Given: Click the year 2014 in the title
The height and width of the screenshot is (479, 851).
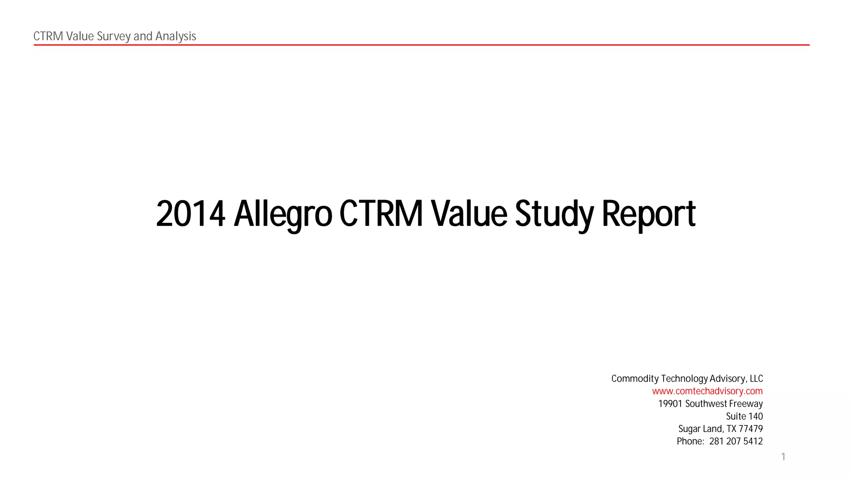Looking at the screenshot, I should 190,214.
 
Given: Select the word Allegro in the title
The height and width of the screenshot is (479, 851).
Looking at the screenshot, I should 283,214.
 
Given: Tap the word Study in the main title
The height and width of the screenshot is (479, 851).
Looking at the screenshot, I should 554,214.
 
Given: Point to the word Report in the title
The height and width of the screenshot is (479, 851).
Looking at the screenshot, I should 649,214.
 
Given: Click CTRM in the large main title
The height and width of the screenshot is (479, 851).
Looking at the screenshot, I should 381,214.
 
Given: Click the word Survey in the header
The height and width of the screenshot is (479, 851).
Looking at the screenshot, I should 113,36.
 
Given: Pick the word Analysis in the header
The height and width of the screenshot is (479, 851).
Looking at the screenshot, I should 176,36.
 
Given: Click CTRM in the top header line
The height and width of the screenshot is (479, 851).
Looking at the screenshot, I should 48,36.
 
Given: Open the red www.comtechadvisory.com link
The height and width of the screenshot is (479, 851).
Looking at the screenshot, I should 707,391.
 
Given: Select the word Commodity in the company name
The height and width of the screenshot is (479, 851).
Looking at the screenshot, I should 635,379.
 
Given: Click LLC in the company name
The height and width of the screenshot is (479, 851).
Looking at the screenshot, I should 756,379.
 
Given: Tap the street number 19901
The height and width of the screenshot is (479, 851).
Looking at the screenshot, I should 670,404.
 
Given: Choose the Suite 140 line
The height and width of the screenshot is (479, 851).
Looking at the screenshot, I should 744,416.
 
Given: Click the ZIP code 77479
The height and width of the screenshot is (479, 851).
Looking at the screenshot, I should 750,429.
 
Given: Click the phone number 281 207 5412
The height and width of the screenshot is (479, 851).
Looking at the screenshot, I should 736,441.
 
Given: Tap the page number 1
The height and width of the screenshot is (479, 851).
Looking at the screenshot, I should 783,457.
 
